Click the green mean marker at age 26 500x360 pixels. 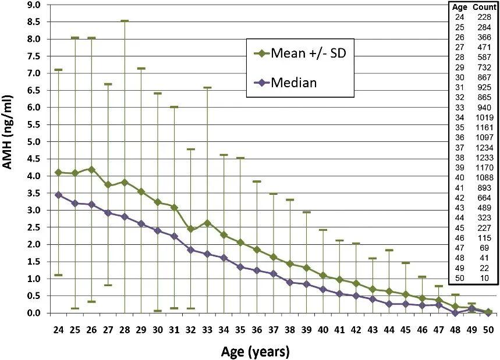click(x=91, y=169)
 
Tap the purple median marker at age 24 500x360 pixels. click(x=58, y=195)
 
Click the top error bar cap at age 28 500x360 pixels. click(x=124, y=21)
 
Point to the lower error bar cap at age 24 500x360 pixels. click(x=58, y=275)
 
